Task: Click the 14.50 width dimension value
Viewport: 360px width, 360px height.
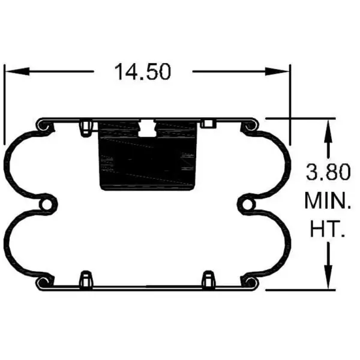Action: tap(143, 71)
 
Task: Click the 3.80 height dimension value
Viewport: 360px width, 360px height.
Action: tap(327, 173)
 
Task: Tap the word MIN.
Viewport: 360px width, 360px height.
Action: tap(327, 201)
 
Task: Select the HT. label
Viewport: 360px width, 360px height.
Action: tap(327, 229)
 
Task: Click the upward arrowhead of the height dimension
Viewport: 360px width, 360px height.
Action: tap(328, 127)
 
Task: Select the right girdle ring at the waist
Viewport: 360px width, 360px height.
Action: tap(247, 205)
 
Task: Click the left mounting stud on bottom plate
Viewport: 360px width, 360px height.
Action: tap(85, 279)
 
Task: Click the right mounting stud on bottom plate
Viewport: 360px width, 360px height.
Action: tap(209, 279)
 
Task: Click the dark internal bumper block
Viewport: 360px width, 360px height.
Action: tap(147, 159)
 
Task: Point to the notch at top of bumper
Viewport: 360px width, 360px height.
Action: tap(147, 126)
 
